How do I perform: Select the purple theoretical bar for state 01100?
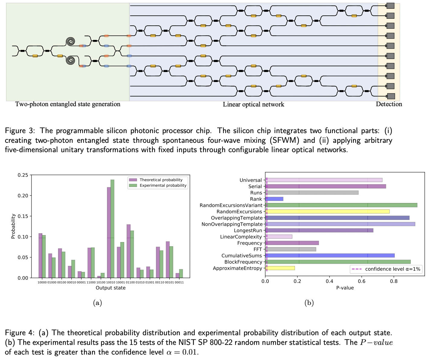coord(128,251)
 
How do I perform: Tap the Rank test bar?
coord(274,199)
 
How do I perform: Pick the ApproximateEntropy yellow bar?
coord(280,268)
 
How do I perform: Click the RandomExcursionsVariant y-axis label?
coord(231,205)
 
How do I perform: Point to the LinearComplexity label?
coord(241,237)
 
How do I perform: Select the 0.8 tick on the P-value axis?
coord(394,281)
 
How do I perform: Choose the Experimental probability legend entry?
coord(163,185)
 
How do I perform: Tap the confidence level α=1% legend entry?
coord(392,269)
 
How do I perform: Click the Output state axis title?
coord(111,288)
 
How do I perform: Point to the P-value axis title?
coord(345,288)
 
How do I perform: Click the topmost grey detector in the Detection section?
coord(390,5)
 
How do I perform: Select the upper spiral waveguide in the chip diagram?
coord(70,41)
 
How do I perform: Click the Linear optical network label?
coord(253,105)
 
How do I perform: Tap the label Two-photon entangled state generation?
coord(68,104)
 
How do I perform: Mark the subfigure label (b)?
coord(309,303)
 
